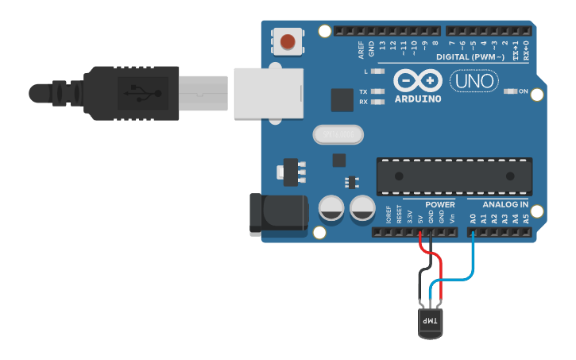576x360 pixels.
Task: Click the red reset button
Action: [288, 41]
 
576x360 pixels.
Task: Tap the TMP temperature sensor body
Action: [430, 322]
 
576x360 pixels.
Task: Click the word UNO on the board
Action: [474, 81]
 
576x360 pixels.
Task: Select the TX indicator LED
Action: [378, 92]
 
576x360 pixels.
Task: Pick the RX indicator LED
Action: [378, 102]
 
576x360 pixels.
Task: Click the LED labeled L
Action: [378, 72]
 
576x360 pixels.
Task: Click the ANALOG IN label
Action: [504, 204]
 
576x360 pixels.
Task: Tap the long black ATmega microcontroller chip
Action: [454, 176]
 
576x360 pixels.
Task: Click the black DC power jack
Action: [279, 212]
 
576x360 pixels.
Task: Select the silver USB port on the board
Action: [269, 92]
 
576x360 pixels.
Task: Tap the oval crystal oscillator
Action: [338, 135]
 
